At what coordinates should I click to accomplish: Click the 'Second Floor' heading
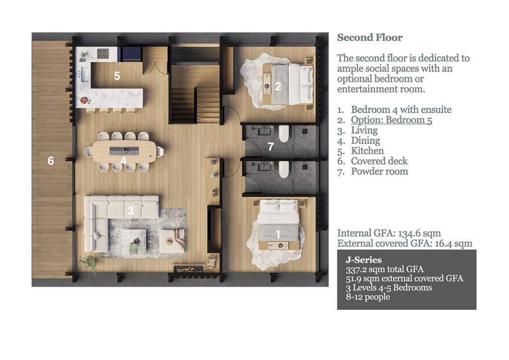tap(370, 38)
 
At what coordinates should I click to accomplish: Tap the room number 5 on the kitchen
tap(117, 76)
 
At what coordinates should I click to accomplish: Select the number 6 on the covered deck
tap(50, 161)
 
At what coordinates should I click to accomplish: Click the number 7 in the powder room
tap(270, 147)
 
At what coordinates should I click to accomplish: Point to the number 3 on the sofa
tap(131, 210)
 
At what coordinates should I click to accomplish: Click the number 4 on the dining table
tap(123, 161)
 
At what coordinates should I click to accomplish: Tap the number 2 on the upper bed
tap(278, 87)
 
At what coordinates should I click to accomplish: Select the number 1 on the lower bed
tap(278, 233)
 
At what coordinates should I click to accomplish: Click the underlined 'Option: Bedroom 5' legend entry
tap(391, 120)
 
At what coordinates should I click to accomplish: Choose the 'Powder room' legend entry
tap(379, 172)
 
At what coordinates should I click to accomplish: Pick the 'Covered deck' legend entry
tap(379, 161)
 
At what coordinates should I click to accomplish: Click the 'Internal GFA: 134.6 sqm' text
tap(389, 233)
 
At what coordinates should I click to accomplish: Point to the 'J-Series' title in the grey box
tap(363, 260)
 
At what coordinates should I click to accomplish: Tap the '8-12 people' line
tap(368, 297)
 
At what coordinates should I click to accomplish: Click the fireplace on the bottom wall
tap(188, 269)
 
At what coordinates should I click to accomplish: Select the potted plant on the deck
tap(89, 262)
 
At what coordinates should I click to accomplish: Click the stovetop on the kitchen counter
tap(103, 53)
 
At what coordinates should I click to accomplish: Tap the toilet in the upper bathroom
tap(284, 133)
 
